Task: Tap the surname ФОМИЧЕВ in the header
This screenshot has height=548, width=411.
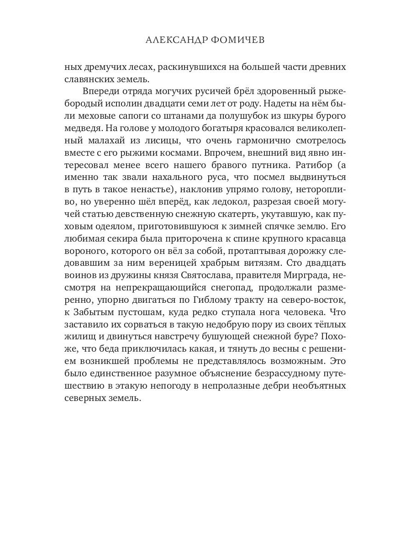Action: tap(239, 40)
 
